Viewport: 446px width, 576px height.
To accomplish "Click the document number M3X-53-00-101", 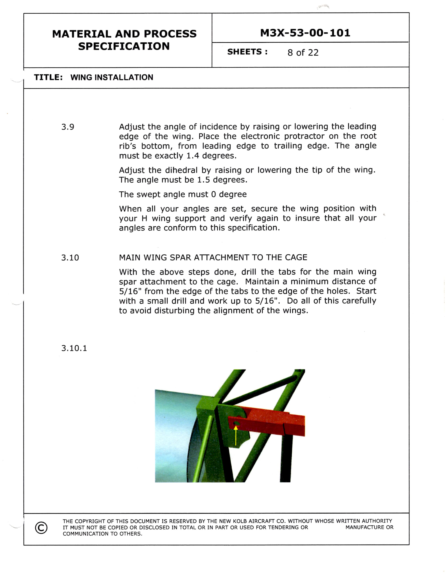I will coord(305,33).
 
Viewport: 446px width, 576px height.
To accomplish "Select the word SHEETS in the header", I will coord(244,52).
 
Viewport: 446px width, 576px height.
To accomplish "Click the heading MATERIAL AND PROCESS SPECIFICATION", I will coord(124,40).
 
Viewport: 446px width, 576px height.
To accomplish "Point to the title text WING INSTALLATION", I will coord(112,77).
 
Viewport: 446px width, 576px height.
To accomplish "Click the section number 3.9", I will coord(68,127).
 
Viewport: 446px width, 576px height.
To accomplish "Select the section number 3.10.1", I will coord(74,348).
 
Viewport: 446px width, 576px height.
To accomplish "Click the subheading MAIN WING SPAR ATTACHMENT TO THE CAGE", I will coord(213,257).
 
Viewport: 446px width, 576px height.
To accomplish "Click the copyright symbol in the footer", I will coord(41,527).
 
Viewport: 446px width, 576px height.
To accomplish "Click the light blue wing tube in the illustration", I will coord(174,433).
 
